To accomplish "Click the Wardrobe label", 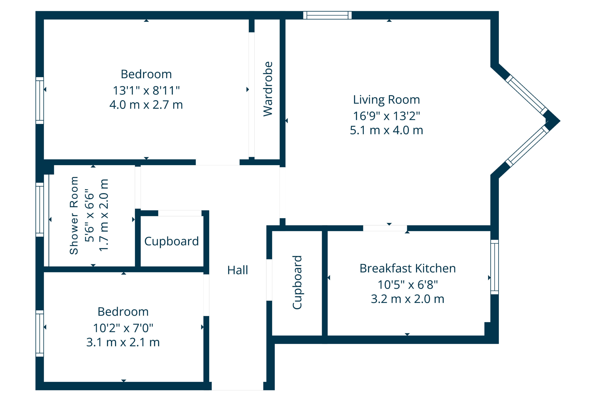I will pos(268,89).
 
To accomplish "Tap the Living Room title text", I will pos(386,100).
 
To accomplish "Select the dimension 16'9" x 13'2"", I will pos(386,116).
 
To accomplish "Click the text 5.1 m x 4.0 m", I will pos(386,130).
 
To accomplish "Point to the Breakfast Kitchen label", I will pos(407,269).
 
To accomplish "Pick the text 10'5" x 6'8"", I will pos(407,285).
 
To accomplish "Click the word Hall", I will pos(237,270).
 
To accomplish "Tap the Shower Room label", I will pos(74,215).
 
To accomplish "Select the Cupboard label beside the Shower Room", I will pos(171,241).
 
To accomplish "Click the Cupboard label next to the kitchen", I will pos(297,282).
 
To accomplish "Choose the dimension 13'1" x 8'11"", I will pos(146,91).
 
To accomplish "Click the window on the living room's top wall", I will pos(327,15).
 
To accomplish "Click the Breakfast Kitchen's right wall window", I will pos(494,267).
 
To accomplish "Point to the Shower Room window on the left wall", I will pos(40,209).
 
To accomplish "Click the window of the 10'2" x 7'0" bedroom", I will pos(40,333).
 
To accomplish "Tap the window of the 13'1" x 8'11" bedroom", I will pos(40,101).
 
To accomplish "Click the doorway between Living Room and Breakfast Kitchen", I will pos(385,228).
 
